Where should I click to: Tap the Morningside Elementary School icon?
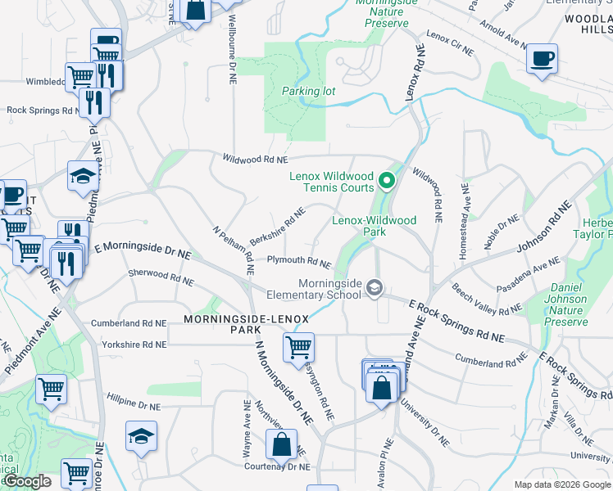tap(375, 288)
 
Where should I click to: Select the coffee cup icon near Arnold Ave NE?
tap(542, 59)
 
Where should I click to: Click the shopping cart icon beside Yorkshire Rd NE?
tap(298, 347)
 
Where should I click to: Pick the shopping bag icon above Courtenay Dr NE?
tap(281, 445)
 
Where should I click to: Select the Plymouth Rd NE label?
tap(298, 262)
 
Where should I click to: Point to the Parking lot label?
tap(308, 91)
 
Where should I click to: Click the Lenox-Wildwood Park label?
tap(374, 226)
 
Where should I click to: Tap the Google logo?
tap(27, 482)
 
